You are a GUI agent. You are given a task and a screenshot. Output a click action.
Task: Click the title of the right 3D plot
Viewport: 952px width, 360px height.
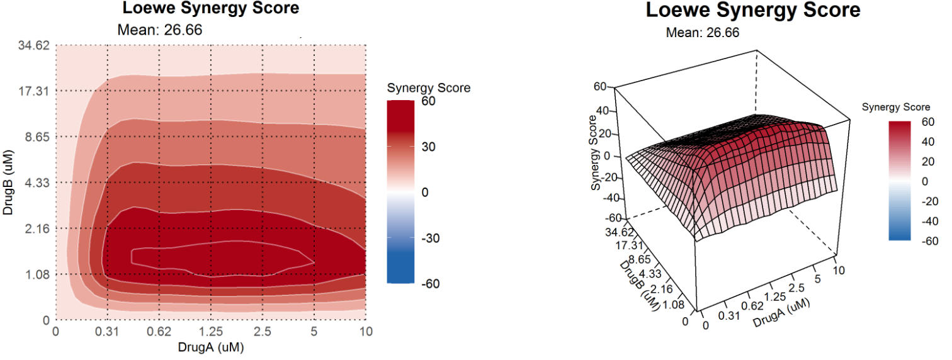[753, 11]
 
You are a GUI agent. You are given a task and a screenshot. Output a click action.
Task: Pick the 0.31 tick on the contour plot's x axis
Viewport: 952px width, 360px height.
[108, 332]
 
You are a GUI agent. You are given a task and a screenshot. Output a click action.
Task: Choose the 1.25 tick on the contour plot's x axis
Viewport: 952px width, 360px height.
[211, 332]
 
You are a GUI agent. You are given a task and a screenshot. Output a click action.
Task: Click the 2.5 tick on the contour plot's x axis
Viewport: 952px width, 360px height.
[263, 332]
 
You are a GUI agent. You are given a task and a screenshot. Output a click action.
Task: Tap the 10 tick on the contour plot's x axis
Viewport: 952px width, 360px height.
[366, 332]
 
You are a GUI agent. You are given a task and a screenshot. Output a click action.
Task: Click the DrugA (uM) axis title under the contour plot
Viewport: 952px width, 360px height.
[211, 347]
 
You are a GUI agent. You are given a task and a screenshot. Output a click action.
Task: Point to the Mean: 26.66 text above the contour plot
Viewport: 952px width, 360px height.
[160, 29]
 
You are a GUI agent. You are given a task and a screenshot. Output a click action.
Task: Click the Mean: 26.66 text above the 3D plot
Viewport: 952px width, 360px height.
[703, 33]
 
